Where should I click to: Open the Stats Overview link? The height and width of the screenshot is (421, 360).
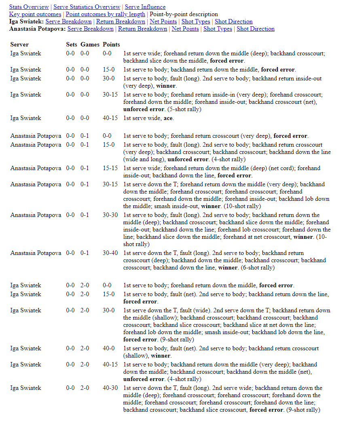coord(29,7)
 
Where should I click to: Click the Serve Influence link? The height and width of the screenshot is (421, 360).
coord(145,7)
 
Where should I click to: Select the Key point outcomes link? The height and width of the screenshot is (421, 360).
coord(35,14)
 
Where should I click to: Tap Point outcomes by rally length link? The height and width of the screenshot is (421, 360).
coord(105,14)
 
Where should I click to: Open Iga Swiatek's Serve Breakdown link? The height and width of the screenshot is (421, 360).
coord(68,21)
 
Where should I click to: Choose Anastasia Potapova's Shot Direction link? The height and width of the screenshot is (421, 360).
coord(255,29)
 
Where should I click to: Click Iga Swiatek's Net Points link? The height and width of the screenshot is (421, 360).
coord(163,21)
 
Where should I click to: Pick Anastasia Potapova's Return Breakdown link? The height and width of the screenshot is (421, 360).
coord(142,29)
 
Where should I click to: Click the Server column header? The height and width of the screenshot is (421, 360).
coord(19,44)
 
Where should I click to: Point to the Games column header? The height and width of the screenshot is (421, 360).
coord(90,44)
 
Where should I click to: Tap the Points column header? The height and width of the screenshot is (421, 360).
coord(111,44)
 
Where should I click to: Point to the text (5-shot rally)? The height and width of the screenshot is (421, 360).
coord(184,109)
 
